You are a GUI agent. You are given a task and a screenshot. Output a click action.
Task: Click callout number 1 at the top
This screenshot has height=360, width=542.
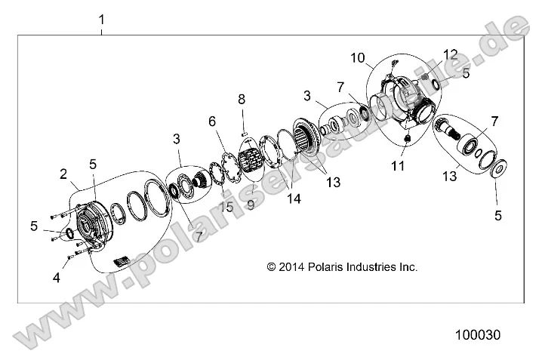click(x=103, y=17)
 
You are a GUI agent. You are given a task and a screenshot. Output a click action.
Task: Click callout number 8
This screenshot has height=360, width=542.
click(x=242, y=99)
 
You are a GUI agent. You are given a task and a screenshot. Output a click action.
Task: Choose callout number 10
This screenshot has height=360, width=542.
click(x=357, y=57)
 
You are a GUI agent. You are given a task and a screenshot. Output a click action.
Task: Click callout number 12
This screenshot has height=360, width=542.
click(x=451, y=54)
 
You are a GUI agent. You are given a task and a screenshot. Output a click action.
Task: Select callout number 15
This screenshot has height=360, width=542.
click(x=221, y=207)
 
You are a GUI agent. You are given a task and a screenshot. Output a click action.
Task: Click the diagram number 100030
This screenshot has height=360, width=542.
click(x=477, y=333)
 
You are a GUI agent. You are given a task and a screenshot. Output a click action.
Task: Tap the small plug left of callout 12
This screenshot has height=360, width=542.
click(x=425, y=78)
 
